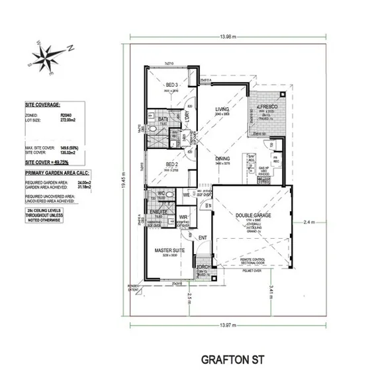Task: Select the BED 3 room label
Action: pyautogui.click(x=171, y=85)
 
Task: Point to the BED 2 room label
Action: pyautogui.click(x=171, y=164)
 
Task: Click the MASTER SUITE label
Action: pyautogui.click(x=168, y=251)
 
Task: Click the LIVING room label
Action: pyautogui.click(x=222, y=110)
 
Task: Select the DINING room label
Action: pyautogui.click(x=222, y=159)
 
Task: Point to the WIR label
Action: pyautogui.click(x=183, y=216)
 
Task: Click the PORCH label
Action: pyautogui.click(x=203, y=267)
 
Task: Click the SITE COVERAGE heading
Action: pyautogui.click(x=42, y=105)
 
